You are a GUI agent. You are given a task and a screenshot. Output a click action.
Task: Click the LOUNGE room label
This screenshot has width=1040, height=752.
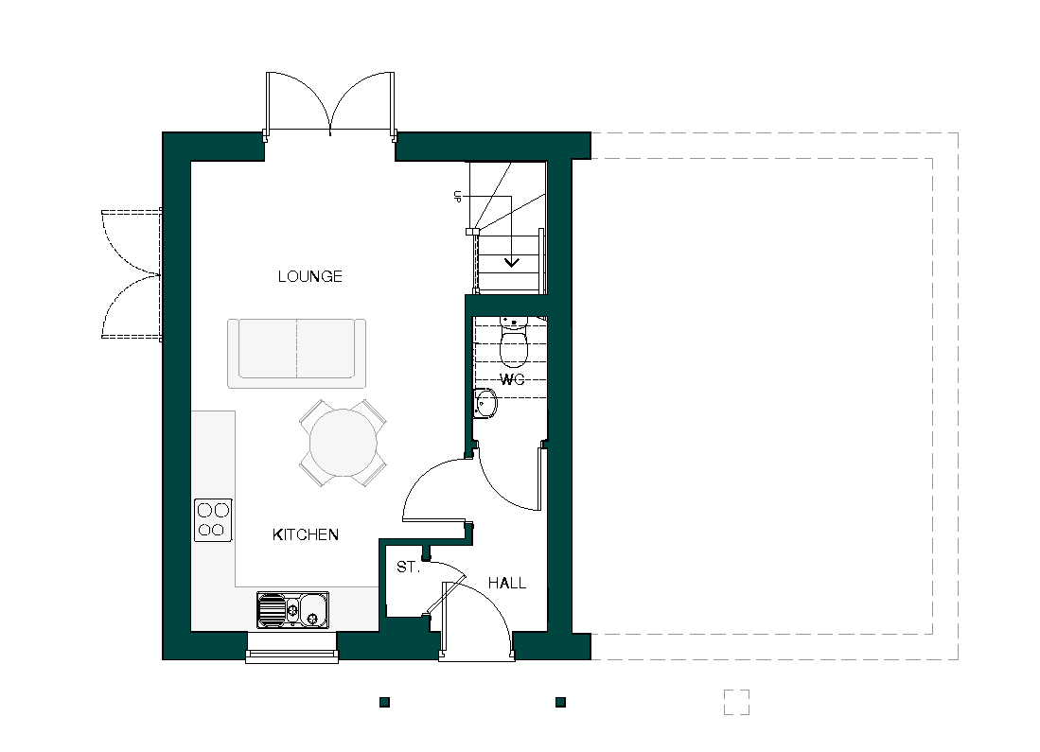pyautogui.click(x=309, y=276)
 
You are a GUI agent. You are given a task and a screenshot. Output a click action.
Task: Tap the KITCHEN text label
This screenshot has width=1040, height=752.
pyautogui.click(x=306, y=534)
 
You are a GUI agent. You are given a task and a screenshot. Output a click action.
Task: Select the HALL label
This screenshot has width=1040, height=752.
pyautogui.click(x=507, y=583)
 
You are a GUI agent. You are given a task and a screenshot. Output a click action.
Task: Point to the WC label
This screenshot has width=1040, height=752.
pyautogui.click(x=512, y=379)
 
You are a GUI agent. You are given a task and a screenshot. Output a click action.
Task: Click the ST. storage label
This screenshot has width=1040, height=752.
pyautogui.click(x=409, y=567)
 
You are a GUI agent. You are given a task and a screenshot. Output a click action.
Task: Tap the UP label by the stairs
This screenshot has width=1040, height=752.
pyautogui.click(x=457, y=196)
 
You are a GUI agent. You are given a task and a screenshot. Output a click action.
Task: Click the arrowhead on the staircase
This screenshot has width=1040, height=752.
pyautogui.click(x=511, y=262)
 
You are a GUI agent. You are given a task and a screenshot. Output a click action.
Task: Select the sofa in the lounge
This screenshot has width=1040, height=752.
pyautogui.click(x=296, y=354)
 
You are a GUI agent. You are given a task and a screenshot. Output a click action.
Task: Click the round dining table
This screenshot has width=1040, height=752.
pyautogui.click(x=343, y=443)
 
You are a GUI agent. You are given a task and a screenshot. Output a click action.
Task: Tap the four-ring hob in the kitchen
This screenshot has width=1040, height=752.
pyautogui.click(x=213, y=520)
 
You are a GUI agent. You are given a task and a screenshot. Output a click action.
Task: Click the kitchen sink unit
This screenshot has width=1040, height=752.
pyautogui.click(x=292, y=610)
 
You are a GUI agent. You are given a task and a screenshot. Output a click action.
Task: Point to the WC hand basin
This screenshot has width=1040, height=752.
pyautogui.click(x=485, y=404)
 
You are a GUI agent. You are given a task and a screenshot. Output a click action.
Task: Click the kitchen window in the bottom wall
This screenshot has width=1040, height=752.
pyautogui.click(x=291, y=648)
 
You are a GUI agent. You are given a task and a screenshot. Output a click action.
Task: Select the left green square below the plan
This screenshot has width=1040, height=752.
pyautogui.click(x=385, y=702)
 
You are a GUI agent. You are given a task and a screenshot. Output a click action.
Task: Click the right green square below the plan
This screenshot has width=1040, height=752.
pyautogui.click(x=560, y=702)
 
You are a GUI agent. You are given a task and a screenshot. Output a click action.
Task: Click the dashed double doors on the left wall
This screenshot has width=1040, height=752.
pyautogui.click(x=132, y=274)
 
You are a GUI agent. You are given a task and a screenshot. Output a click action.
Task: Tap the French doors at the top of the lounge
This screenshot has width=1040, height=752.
pyautogui.click(x=330, y=106)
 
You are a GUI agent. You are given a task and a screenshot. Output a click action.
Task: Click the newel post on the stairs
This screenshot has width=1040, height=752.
pyautogui.click(x=470, y=232)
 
